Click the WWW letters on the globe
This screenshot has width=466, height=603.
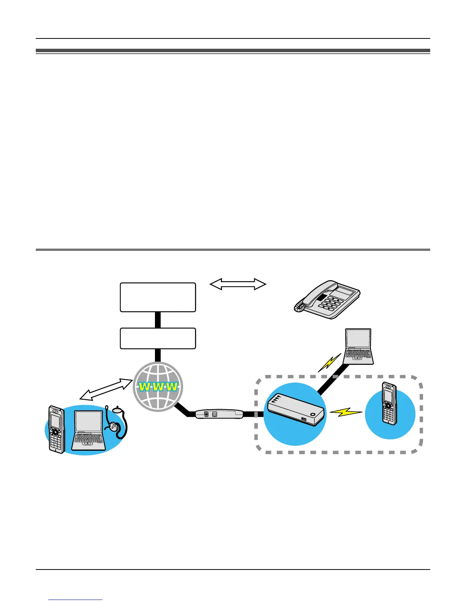(158, 387)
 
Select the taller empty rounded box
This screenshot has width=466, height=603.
(158, 297)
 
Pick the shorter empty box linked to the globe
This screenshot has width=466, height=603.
(158, 338)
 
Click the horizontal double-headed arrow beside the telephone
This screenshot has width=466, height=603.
(238, 284)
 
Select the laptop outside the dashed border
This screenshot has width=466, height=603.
(358, 346)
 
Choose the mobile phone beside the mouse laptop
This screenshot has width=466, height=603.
(56, 429)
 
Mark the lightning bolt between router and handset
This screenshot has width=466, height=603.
(346, 412)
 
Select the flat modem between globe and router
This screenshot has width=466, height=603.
(219, 414)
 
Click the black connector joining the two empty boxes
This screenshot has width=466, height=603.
(158, 320)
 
